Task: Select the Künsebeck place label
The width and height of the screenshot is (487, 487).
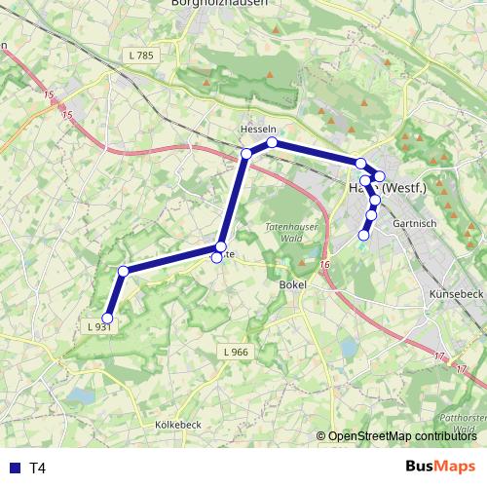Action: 455,293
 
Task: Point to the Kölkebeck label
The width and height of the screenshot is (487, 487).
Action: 177,426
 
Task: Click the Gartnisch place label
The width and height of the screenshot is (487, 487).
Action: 408,223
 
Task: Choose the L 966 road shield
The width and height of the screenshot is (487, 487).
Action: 236,351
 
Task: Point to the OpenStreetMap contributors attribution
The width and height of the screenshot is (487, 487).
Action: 400,436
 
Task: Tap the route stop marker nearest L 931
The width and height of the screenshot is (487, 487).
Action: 108,318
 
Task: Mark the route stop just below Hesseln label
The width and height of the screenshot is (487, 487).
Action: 273,143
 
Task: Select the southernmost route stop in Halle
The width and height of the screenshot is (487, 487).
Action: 364,235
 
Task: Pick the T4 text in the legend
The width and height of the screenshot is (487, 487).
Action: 38,468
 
